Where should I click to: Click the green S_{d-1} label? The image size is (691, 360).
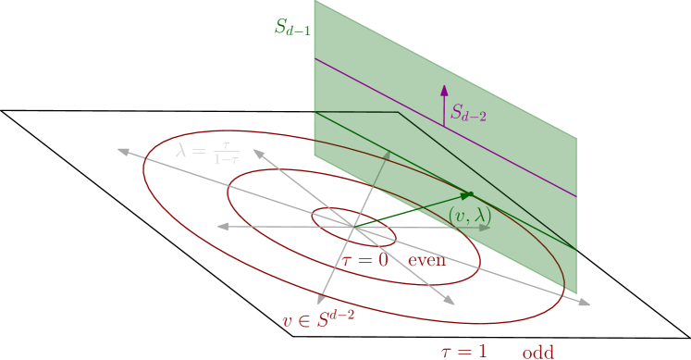tap(292, 27)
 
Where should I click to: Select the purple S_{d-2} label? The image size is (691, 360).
tap(468, 114)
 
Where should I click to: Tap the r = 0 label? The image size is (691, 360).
tap(365, 260)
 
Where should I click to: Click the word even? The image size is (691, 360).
tap(427, 260)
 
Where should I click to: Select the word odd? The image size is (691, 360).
tap(537, 352)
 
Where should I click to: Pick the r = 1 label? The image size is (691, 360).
tap(463, 351)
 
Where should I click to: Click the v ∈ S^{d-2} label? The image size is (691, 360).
tap(318, 320)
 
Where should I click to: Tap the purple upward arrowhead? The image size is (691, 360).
tap(444, 90)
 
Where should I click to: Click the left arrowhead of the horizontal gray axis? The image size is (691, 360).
tap(220, 226)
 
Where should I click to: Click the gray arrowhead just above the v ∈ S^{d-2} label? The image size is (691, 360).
tap(321, 298)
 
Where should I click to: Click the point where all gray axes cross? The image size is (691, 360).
tap(352, 226)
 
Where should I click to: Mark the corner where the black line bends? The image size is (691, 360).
tap(398, 113)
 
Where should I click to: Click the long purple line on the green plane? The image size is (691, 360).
tap(518, 168)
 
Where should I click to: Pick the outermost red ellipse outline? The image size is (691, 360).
tap(144, 171)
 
